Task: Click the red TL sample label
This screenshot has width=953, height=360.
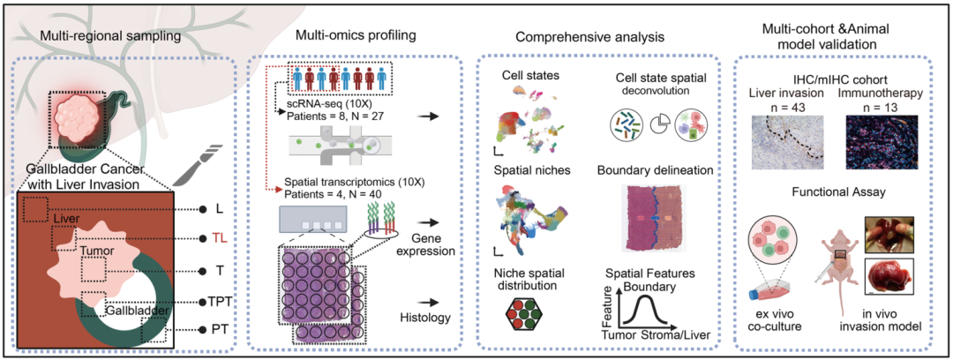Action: click(x=221, y=237)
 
